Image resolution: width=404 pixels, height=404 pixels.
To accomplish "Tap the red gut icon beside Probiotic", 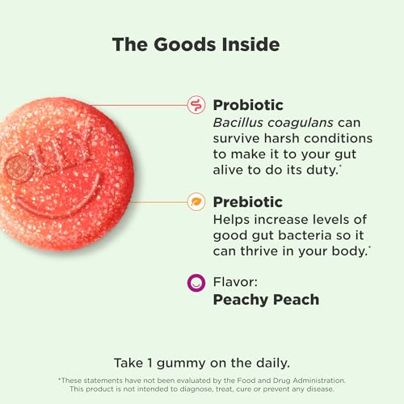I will (x=195, y=104).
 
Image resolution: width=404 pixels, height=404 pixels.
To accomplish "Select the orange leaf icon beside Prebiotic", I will (x=195, y=202).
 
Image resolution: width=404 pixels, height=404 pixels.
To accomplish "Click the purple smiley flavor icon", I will (x=195, y=283).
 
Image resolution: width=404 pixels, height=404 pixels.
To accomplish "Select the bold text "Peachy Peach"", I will (x=266, y=300).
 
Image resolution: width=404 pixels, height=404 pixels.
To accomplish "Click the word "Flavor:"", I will (x=235, y=282).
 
